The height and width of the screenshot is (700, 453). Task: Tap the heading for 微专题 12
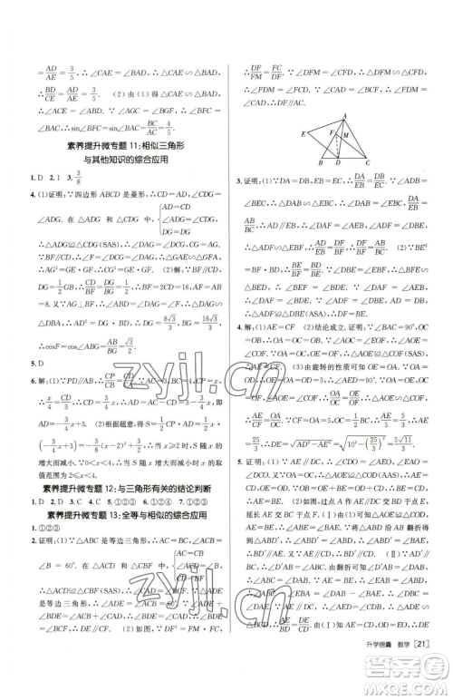pos(120,487)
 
